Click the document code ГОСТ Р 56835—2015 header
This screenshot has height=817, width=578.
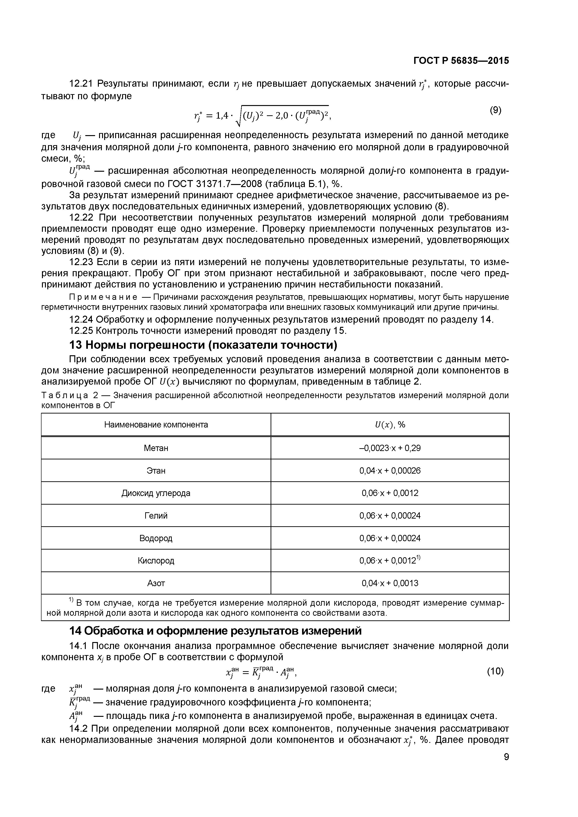461,61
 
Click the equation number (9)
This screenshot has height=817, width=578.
495,110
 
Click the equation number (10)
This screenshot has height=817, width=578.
495,671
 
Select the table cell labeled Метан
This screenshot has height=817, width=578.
156,448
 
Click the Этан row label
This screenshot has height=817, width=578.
156,471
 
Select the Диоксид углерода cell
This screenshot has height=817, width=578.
156,493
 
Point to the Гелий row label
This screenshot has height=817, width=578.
156,516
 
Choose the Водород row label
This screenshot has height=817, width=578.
156,538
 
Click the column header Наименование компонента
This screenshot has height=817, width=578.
156,424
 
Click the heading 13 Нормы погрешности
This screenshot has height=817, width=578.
203,345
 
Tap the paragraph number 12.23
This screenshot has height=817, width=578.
81,262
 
